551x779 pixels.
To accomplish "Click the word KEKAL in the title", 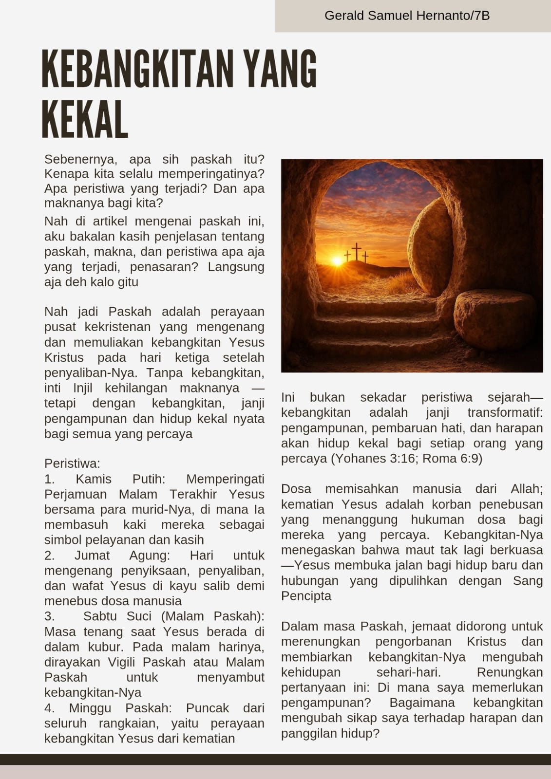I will click(x=85, y=119).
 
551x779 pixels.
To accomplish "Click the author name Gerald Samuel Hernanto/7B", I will click(x=407, y=16).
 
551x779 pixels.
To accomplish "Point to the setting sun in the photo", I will click(x=337, y=261).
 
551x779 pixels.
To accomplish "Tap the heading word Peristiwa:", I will click(x=72, y=464).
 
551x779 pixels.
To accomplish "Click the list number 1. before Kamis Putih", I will click(x=50, y=479).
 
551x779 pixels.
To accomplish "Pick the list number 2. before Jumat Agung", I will click(x=50, y=556).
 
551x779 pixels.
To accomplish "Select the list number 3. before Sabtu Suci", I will click(x=50, y=616).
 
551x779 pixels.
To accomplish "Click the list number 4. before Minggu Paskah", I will click(x=50, y=708).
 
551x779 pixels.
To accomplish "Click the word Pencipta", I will click(x=306, y=596).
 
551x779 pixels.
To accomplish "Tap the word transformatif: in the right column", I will click(x=505, y=413).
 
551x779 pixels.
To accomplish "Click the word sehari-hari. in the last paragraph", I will click(x=408, y=672).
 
